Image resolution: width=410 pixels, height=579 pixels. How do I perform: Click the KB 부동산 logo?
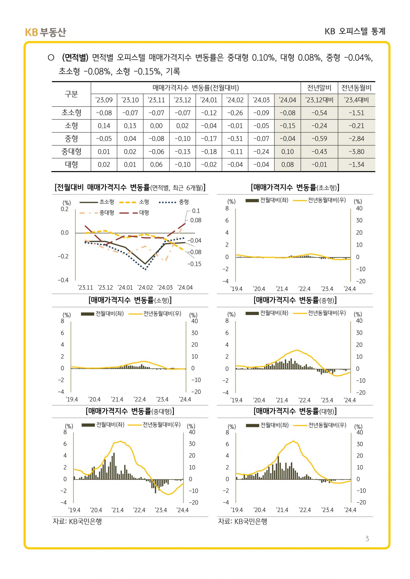click(45, 32)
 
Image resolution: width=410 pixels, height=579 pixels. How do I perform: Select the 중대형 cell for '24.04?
click(288, 152)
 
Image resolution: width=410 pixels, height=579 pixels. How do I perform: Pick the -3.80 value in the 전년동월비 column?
click(356, 152)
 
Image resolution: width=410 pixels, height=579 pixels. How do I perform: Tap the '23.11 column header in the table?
click(156, 100)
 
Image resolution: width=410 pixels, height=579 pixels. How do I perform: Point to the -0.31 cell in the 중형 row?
click(235, 139)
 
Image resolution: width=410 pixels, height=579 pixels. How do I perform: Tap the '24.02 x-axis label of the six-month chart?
click(145, 287)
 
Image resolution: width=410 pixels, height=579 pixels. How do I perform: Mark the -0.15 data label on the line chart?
click(194, 264)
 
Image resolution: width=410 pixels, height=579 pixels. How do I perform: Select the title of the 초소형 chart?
click(295, 187)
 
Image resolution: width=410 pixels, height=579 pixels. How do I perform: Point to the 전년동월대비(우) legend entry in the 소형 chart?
click(155, 314)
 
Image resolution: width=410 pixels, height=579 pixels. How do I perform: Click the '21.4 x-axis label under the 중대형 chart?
click(118, 510)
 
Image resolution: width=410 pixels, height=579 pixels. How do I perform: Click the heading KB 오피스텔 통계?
click(355, 31)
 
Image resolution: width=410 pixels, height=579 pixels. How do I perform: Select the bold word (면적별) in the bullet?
click(75, 58)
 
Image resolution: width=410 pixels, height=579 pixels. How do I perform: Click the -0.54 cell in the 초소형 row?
click(319, 113)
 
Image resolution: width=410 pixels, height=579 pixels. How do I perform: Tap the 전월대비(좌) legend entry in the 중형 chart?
click(267, 313)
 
